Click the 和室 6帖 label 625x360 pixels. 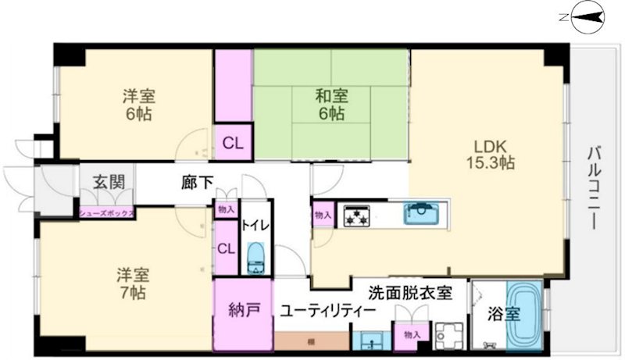tap(331, 105)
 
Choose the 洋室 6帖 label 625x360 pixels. tap(138, 105)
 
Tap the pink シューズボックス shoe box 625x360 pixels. tap(106, 212)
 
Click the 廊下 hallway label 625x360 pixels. tap(198, 184)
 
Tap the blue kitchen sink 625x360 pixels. tap(423, 213)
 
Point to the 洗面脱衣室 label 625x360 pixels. tap(410, 294)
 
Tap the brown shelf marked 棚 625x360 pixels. tap(311, 341)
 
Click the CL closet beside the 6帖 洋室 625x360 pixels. tap(233, 144)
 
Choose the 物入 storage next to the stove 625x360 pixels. tap(323, 215)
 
